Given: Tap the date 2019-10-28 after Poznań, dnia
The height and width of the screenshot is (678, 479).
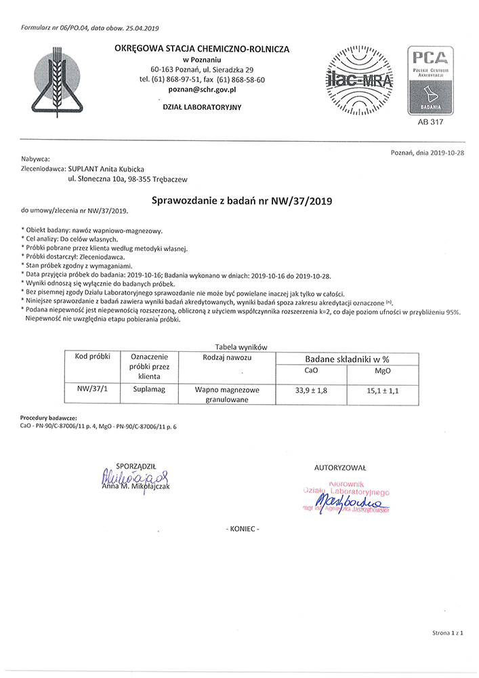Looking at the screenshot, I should click(x=446, y=154).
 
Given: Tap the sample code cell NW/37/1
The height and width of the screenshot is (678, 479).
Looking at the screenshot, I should click(x=91, y=390).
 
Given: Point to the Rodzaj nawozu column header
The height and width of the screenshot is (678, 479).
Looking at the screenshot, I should click(x=228, y=357).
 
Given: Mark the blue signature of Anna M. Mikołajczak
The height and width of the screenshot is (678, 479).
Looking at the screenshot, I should click(x=134, y=477).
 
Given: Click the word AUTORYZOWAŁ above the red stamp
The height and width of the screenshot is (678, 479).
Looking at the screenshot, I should click(x=341, y=468).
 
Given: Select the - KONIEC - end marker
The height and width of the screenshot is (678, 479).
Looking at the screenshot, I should click(x=241, y=528).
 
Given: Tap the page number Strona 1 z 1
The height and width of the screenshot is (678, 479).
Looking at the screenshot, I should click(x=447, y=633).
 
